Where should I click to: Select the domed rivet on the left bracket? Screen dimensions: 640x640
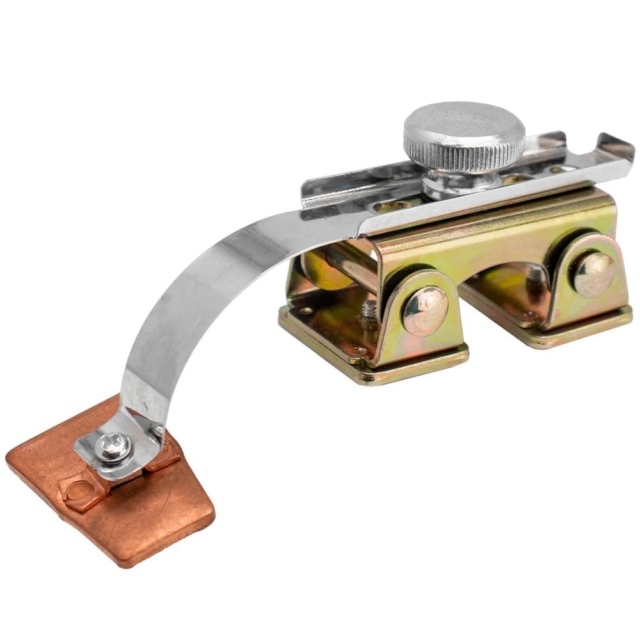(424, 310)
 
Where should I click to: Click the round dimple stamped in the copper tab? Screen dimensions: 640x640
(76, 491)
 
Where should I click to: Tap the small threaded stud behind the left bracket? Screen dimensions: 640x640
(367, 311)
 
